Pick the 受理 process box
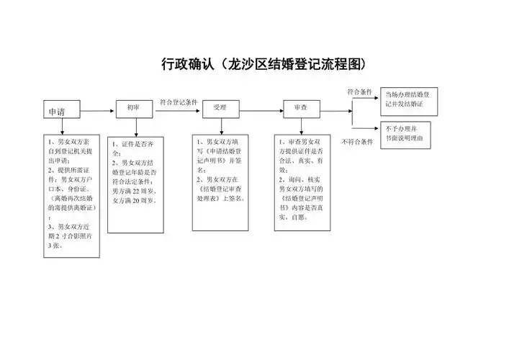point(220,107)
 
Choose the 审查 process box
point(300,107)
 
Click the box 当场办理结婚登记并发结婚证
point(409,99)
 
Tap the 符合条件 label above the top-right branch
point(359,92)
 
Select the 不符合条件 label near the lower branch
point(358,142)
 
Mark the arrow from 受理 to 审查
point(260,108)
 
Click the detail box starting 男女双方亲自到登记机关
point(71,194)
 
